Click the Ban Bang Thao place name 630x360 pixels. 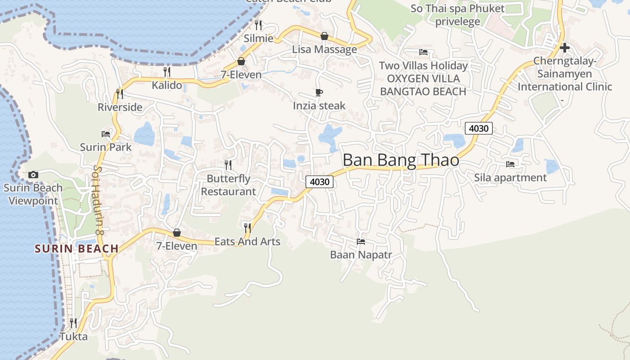coord(400,161)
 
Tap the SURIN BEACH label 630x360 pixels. coord(76,248)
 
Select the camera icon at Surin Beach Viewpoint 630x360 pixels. coord(33,175)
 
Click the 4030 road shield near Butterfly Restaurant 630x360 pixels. coord(320,182)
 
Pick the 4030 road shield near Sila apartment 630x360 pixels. coord(478,129)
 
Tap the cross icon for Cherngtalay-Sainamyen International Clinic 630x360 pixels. coord(565,47)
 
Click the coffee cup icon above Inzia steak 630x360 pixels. coord(319,93)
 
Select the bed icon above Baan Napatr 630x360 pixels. coord(361,242)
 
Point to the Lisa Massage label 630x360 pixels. coord(324,49)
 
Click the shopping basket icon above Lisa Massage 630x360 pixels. coord(324,36)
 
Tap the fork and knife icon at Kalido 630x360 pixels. coord(167,72)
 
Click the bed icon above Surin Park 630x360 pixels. coord(106,134)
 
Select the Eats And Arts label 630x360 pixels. coord(247,242)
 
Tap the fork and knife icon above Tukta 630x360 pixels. coord(73,323)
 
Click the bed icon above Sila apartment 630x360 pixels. coord(510,164)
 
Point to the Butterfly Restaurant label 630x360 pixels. coord(228,185)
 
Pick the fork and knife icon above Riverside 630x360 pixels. coord(120,94)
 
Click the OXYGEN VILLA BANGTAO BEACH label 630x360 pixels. coord(423,85)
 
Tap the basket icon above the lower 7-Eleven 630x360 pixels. coord(177,233)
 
